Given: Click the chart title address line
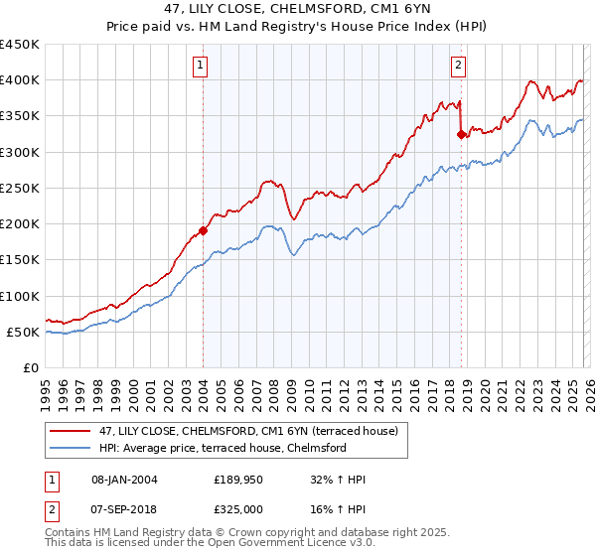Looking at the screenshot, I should [x=297, y=9].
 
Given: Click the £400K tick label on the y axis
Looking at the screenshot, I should [x=20, y=80].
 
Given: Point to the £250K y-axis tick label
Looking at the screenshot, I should [x=20, y=189].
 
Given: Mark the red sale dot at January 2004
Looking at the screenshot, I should [x=204, y=230].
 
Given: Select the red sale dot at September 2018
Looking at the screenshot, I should [x=461, y=134].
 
